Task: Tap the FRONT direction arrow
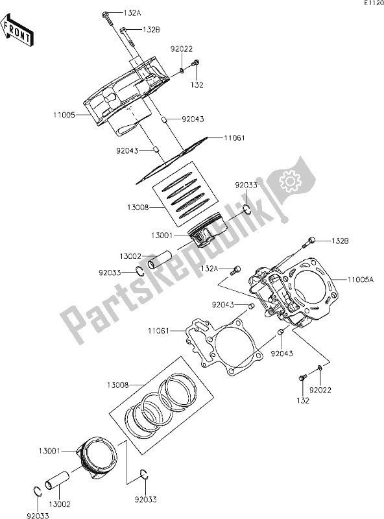point(18,32)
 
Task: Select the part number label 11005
point(65,115)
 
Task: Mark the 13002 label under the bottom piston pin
point(62,503)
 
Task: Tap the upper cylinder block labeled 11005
point(126,97)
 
